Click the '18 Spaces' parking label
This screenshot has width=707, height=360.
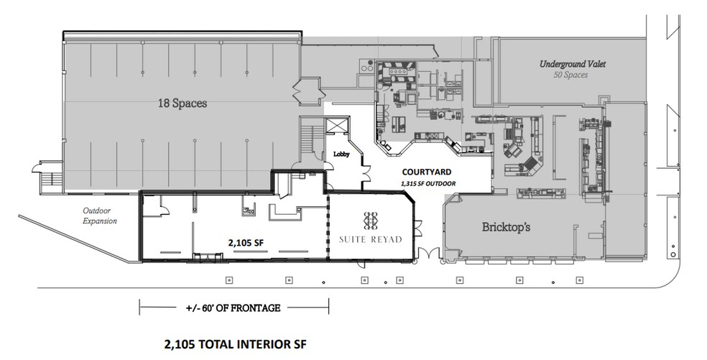pyautogui.click(x=182, y=103)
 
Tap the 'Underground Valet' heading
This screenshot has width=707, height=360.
pyautogui.click(x=573, y=65)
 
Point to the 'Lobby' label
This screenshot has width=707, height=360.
pyautogui.click(x=341, y=154)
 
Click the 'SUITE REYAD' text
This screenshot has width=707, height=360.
pyautogui.click(x=371, y=239)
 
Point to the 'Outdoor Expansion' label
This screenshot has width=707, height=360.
pyautogui.click(x=99, y=216)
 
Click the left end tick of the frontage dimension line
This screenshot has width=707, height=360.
pyautogui.click(x=139, y=307)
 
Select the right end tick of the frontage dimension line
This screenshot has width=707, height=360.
pyautogui.click(x=329, y=307)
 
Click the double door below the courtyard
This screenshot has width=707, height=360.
pyautogui.click(x=427, y=254)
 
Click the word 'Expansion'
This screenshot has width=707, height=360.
pyautogui.click(x=99, y=221)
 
